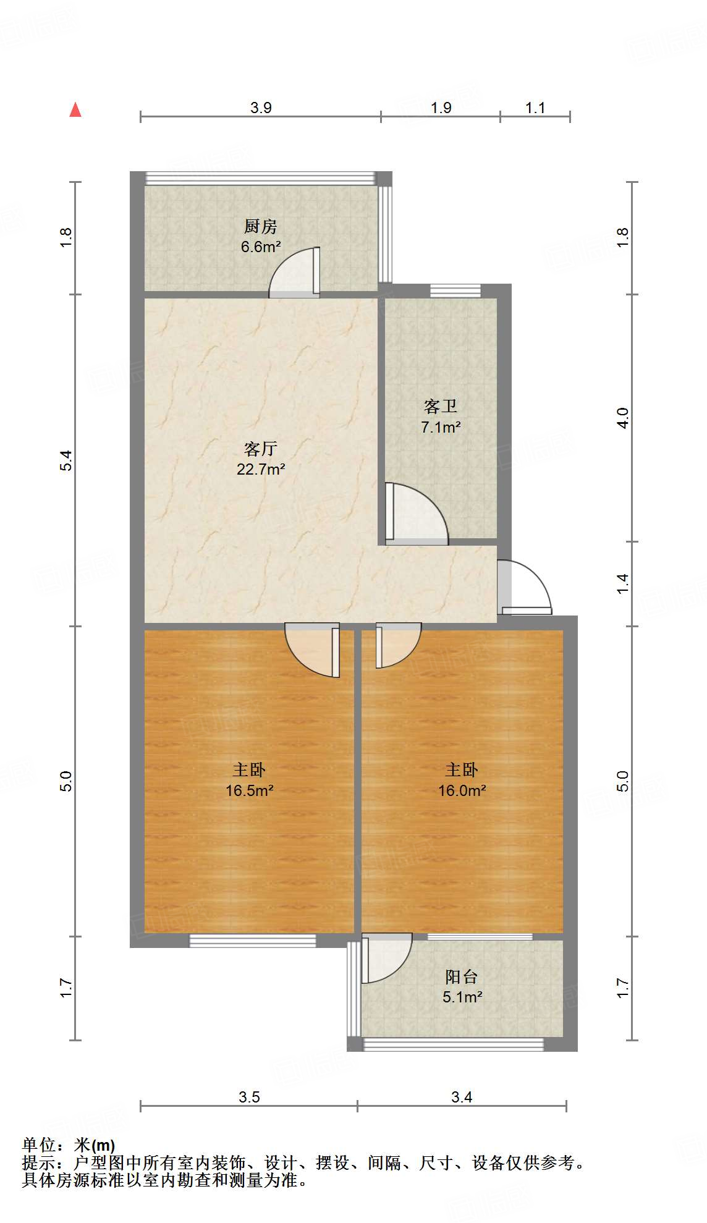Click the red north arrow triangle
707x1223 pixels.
pyautogui.click(x=75, y=110)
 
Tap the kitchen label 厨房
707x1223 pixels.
pyautogui.click(x=260, y=226)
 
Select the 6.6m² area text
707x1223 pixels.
pyautogui.click(x=261, y=247)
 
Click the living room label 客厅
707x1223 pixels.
pyautogui.click(x=260, y=448)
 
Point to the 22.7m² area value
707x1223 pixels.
pyautogui.click(x=261, y=469)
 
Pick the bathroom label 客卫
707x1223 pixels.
pyautogui.click(x=441, y=406)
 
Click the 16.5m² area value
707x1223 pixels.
pyautogui.click(x=250, y=790)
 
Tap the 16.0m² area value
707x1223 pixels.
pyautogui.click(x=462, y=790)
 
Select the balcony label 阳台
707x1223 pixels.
pyautogui.click(x=462, y=977)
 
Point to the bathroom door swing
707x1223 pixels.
pyautogui.click(x=414, y=513)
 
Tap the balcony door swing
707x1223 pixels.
pyautogui.click(x=384, y=957)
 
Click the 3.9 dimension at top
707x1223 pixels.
pyautogui.click(x=261, y=108)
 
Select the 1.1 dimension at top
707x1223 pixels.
pyautogui.click(x=535, y=108)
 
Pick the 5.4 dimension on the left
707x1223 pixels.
pyautogui.click(x=66, y=460)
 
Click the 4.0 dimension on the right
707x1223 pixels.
pyautogui.click(x=623, y=418)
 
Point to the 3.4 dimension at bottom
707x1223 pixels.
pyautogui.click(x=462, y=1097)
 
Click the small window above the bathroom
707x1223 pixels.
pyautogui.click(x=455, y=290)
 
